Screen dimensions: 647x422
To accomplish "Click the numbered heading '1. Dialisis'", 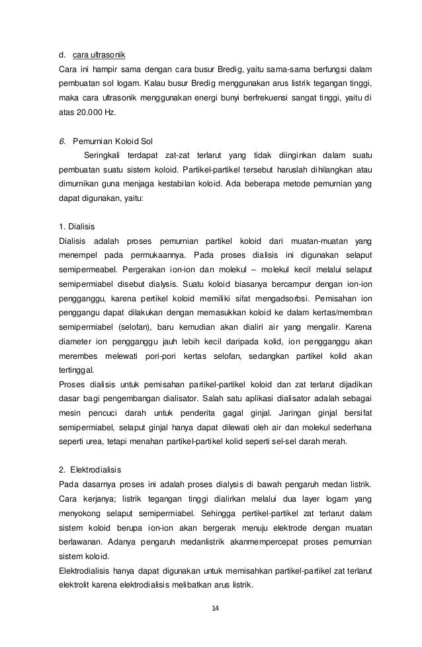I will click(x=77, y=226).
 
